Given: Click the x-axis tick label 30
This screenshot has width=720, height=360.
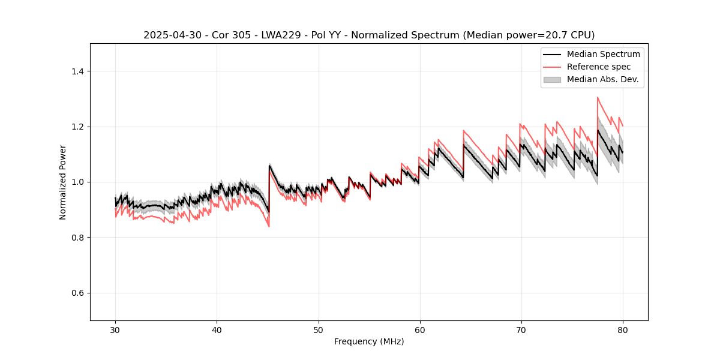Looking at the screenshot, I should pyautogui.click(x=115, y=329).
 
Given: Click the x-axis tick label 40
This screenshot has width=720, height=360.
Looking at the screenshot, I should pyautogui.click(x=217, y=329).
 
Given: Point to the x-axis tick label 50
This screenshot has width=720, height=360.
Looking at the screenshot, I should pyautogui.click(x=318, y=329).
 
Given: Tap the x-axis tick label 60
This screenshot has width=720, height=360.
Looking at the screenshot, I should pyautogui.click(x=419, y=329).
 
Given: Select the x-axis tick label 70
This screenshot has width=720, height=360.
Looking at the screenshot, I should pyautogui.click(x=521, y=329).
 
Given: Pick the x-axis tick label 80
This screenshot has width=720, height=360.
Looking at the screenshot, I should pyautogui.click(x=622, y=329).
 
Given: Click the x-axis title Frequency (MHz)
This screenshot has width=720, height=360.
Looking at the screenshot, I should pyautogui.click(x=369, y=341).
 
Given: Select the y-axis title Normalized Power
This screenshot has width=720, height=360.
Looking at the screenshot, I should pyautogui.click(x=63, y=182).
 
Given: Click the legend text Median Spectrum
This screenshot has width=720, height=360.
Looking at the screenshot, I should pyautogui.click(x=603, y=54).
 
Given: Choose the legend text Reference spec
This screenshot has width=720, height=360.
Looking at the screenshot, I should pyautogui.click(x=599, y=67).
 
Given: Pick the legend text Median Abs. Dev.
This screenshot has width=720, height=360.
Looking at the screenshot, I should pyautogui.click(x=602, y=79).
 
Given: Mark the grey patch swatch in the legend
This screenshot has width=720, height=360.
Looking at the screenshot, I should pyautogui.click(x=551, y=79).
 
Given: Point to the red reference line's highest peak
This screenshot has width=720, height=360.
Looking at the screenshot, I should pyautogui.click(x=598, y=97).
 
